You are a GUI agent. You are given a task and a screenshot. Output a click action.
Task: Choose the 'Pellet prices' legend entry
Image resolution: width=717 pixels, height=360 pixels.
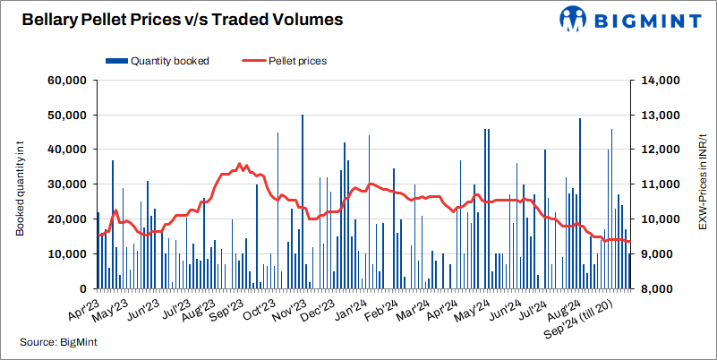click(x=284, y=61)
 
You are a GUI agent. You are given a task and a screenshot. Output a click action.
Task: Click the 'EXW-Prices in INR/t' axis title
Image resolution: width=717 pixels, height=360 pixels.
click(x=703, y=184)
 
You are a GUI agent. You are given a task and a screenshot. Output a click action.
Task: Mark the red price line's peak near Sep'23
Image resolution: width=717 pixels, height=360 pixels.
click(x=239, y=165)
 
